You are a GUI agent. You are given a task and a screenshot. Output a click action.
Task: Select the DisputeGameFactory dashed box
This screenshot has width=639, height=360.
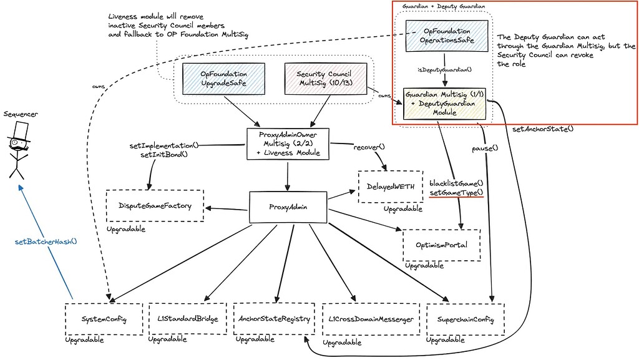pyautogui.click(x=154, y=205)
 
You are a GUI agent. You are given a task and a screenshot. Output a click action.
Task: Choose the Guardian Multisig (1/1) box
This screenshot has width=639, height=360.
pyautogui.click(x=444, y=103)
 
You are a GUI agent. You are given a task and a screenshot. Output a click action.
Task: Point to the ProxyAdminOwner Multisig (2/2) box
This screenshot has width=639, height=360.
pyautogui.click(x=288, y=144)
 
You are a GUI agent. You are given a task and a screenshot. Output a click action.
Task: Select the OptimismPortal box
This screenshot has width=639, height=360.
pyautogui.click(x=441, y=245)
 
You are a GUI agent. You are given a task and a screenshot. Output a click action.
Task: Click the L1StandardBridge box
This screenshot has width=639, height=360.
pyautogui.click(x=187, y=319)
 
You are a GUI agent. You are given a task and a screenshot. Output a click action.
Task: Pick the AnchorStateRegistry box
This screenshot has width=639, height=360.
pyautogui.click(x=272, y=319)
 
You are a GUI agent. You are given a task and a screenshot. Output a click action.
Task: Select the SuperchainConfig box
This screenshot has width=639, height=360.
pyautogui.click(x=465, y=319)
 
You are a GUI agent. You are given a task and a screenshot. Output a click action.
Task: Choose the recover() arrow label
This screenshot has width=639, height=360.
pyautogui.click(x=369, y=147)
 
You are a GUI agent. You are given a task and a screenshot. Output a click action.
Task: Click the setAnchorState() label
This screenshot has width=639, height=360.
pyautogui.click(x=542, y=129)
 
